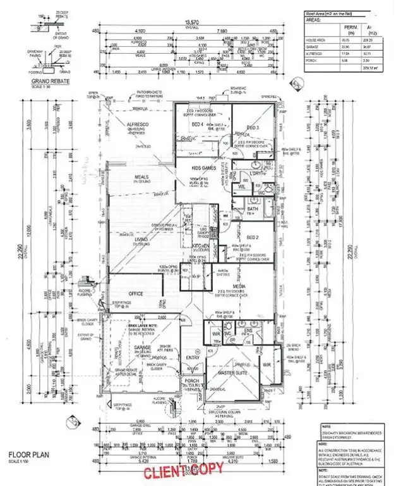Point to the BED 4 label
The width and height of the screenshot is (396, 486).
196,125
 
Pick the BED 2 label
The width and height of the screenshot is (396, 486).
253,237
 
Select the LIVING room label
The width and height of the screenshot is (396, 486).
140,240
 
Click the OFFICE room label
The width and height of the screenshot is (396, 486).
135,294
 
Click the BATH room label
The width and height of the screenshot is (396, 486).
253,208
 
